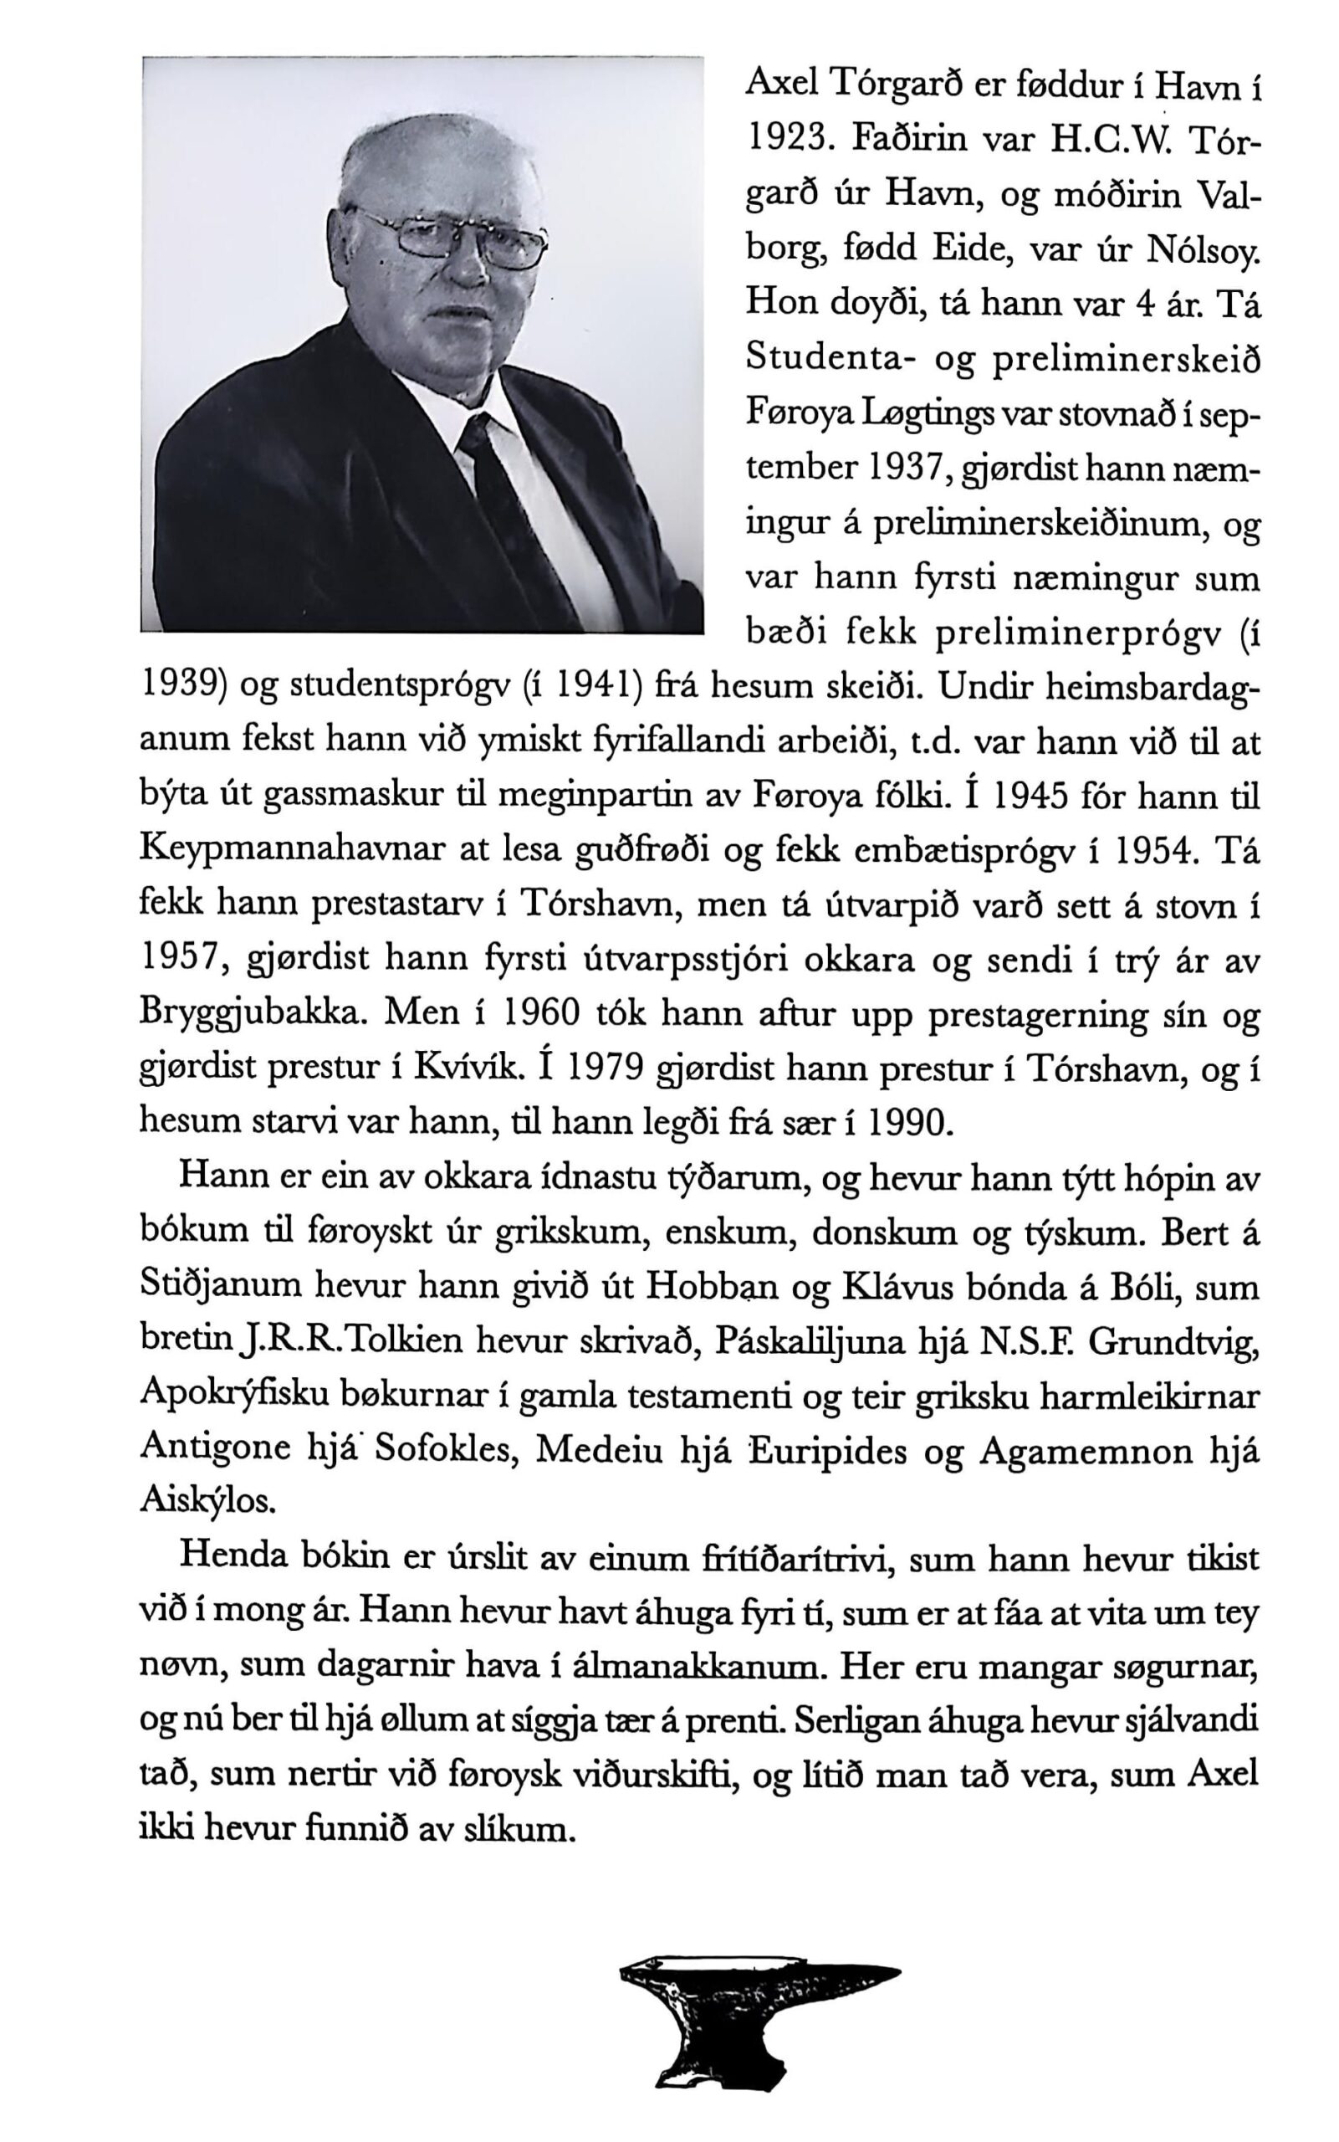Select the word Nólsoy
(x=1203, y=251)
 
